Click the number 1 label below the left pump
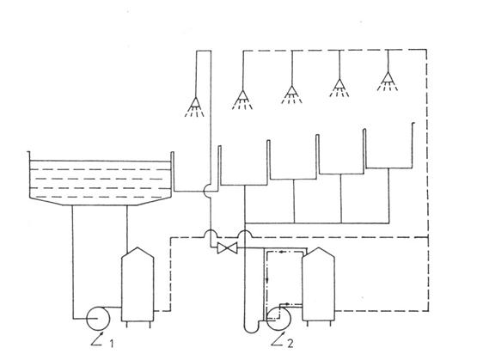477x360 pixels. [x=112, y=344]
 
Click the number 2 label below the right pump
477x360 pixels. [x=290, y=344]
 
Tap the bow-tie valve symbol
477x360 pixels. [x=227, y=248]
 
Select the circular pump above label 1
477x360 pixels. [x=98, y=319]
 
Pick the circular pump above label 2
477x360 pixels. [x=278, y=319]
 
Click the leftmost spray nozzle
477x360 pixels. [x=195, y=107]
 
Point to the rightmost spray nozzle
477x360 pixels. [x=388, y=82]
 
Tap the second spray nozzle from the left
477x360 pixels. [x=242, y=100]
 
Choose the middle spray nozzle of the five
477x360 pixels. [x=291, y=95]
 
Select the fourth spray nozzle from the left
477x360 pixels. [x=339, y=88]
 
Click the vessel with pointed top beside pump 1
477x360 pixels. [x=138, y=284]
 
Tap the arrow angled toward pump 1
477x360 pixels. [x=96, y=339]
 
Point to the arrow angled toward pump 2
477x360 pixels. [x=277, y=339]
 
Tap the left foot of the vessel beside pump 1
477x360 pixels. [x=126, y=325]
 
